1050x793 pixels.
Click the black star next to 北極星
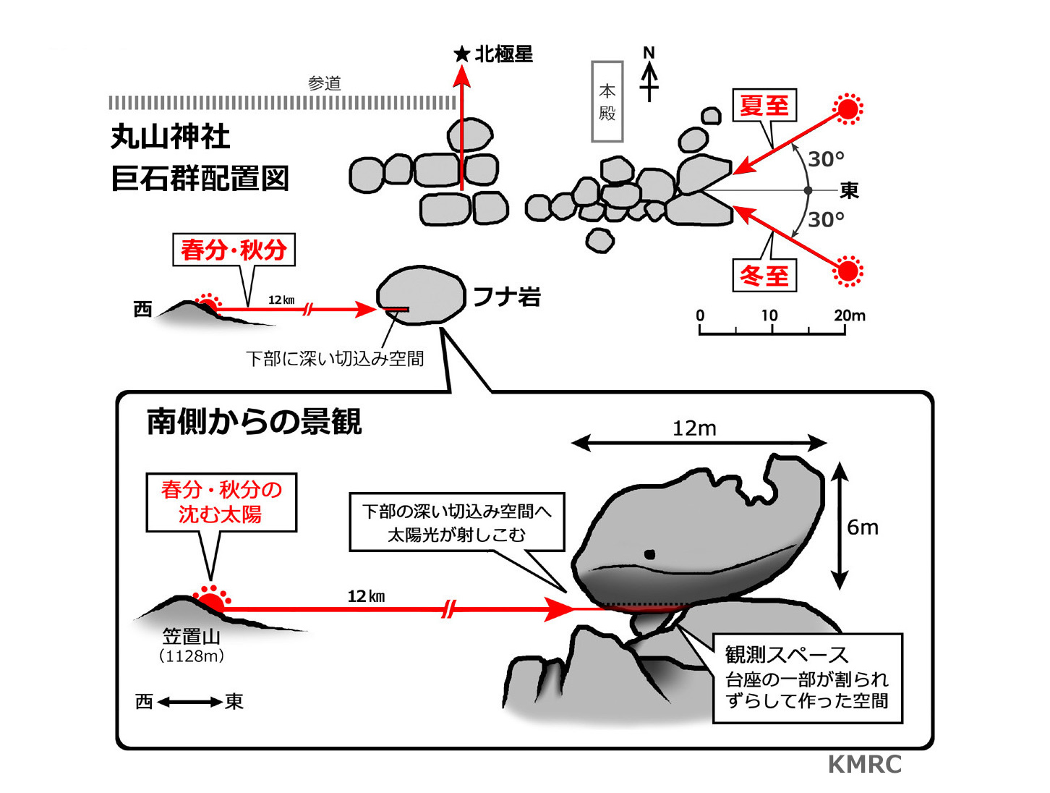coord(461,54)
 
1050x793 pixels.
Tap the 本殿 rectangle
coord(607,101)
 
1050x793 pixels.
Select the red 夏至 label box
coord(764,106)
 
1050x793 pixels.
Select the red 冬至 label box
coord(764,276)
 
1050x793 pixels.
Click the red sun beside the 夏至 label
coord(848,109)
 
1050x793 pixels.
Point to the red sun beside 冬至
coord(848,271)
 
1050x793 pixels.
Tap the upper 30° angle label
coord(826,159)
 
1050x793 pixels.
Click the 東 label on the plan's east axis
coord(849,190)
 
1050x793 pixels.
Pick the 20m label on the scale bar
coord(849,315)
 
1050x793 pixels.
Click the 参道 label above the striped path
coord(324,83)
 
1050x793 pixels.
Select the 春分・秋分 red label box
coord(234,250)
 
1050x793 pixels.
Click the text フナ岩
coord(506,297)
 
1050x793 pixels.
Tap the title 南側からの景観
coord(254,422)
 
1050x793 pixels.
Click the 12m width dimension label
coord(694,429)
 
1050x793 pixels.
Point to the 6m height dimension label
coord(863,527)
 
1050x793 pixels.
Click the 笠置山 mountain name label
coord(191,637)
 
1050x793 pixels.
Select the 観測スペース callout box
coord(808,678)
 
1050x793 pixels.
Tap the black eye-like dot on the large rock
coord(649,555)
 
